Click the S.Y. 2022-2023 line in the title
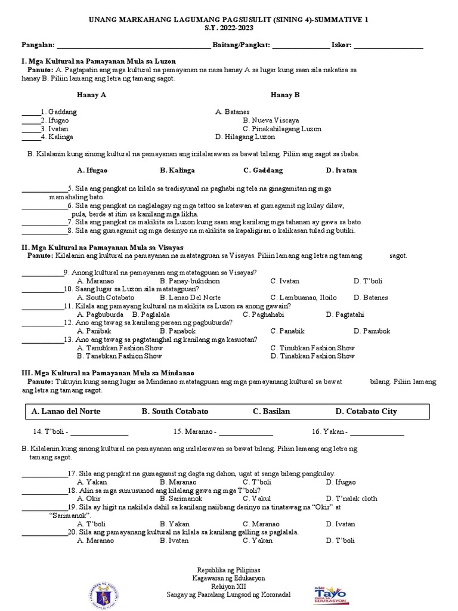pos(229,28)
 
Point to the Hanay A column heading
pos(91,94)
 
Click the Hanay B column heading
pos(285,94)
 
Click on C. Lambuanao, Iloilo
pos(303,297)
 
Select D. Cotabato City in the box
pos(366,411)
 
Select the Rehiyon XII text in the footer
pos(229,586)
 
